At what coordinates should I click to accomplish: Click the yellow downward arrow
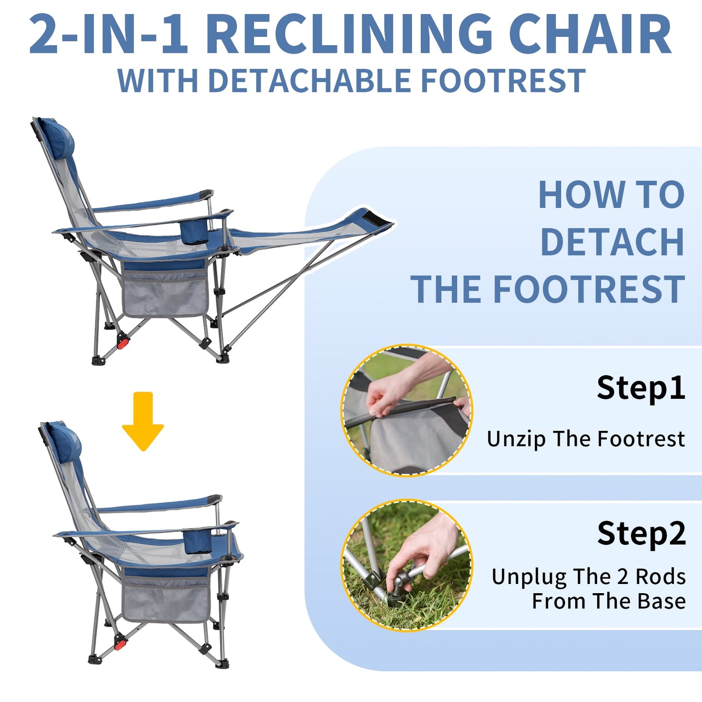tap(143, 421)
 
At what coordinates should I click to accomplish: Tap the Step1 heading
tap(641, 388)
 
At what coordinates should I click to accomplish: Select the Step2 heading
tap(642, 534)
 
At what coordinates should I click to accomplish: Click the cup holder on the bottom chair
tap(198, 541)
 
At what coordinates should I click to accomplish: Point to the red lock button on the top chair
tap(123, 343)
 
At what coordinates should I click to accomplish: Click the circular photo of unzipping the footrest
tap(407, 410)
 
